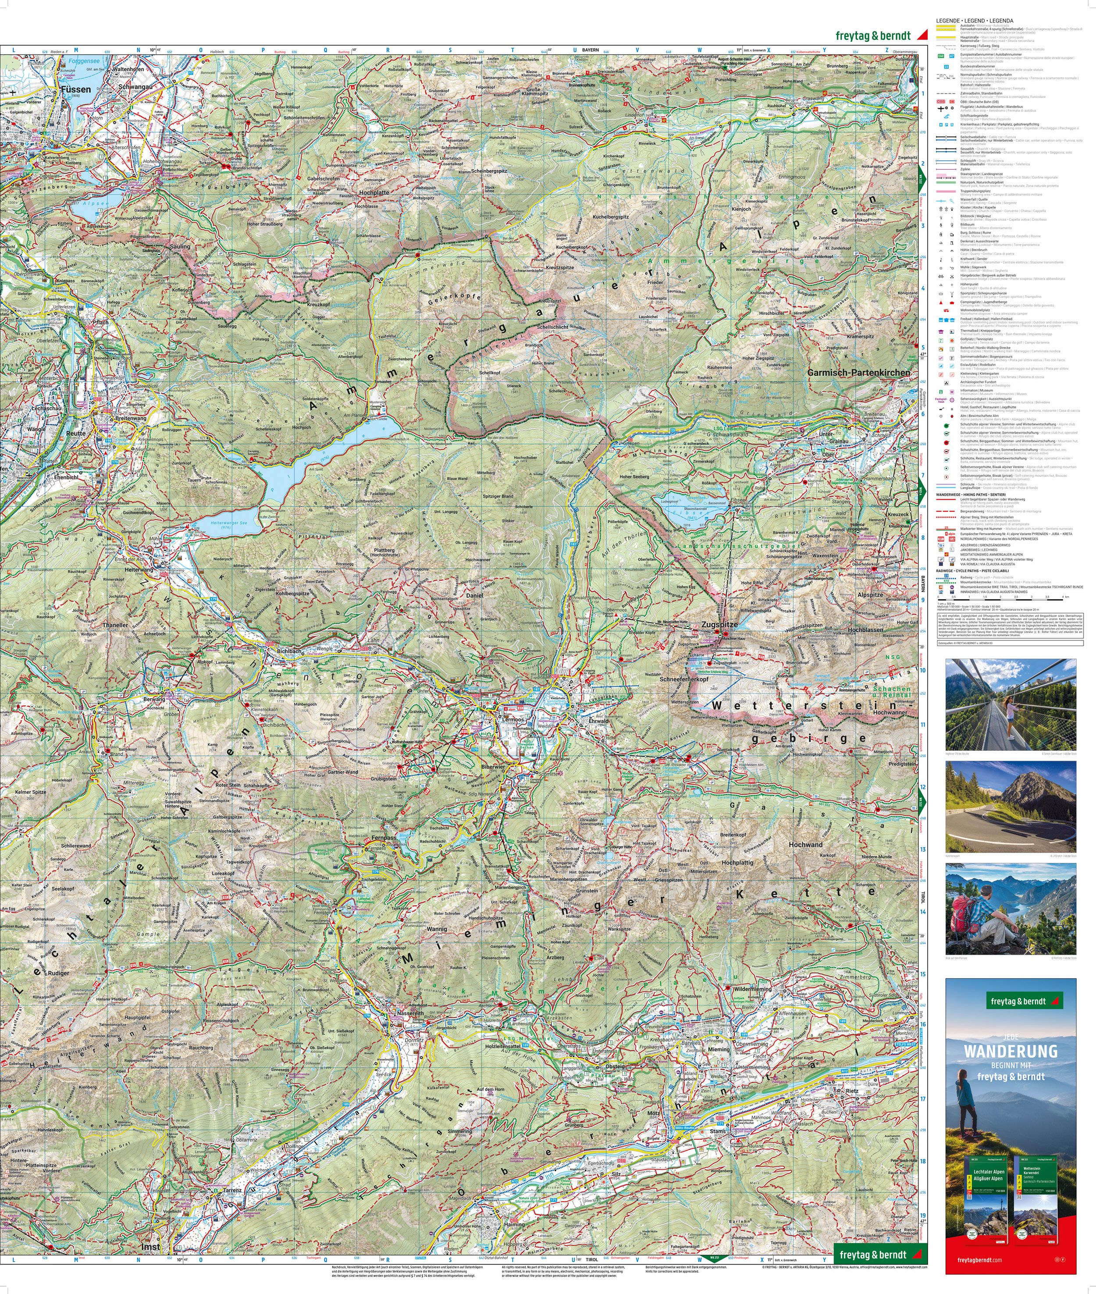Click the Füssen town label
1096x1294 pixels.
tap(76, 89)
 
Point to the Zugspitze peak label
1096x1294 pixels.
tap(719, 622)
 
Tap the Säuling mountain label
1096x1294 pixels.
tap(180, 247)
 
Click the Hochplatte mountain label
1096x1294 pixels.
tap(374, 192)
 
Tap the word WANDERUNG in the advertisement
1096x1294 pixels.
tap(1010, 1051)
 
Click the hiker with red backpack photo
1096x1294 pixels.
tap(1010, 908)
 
